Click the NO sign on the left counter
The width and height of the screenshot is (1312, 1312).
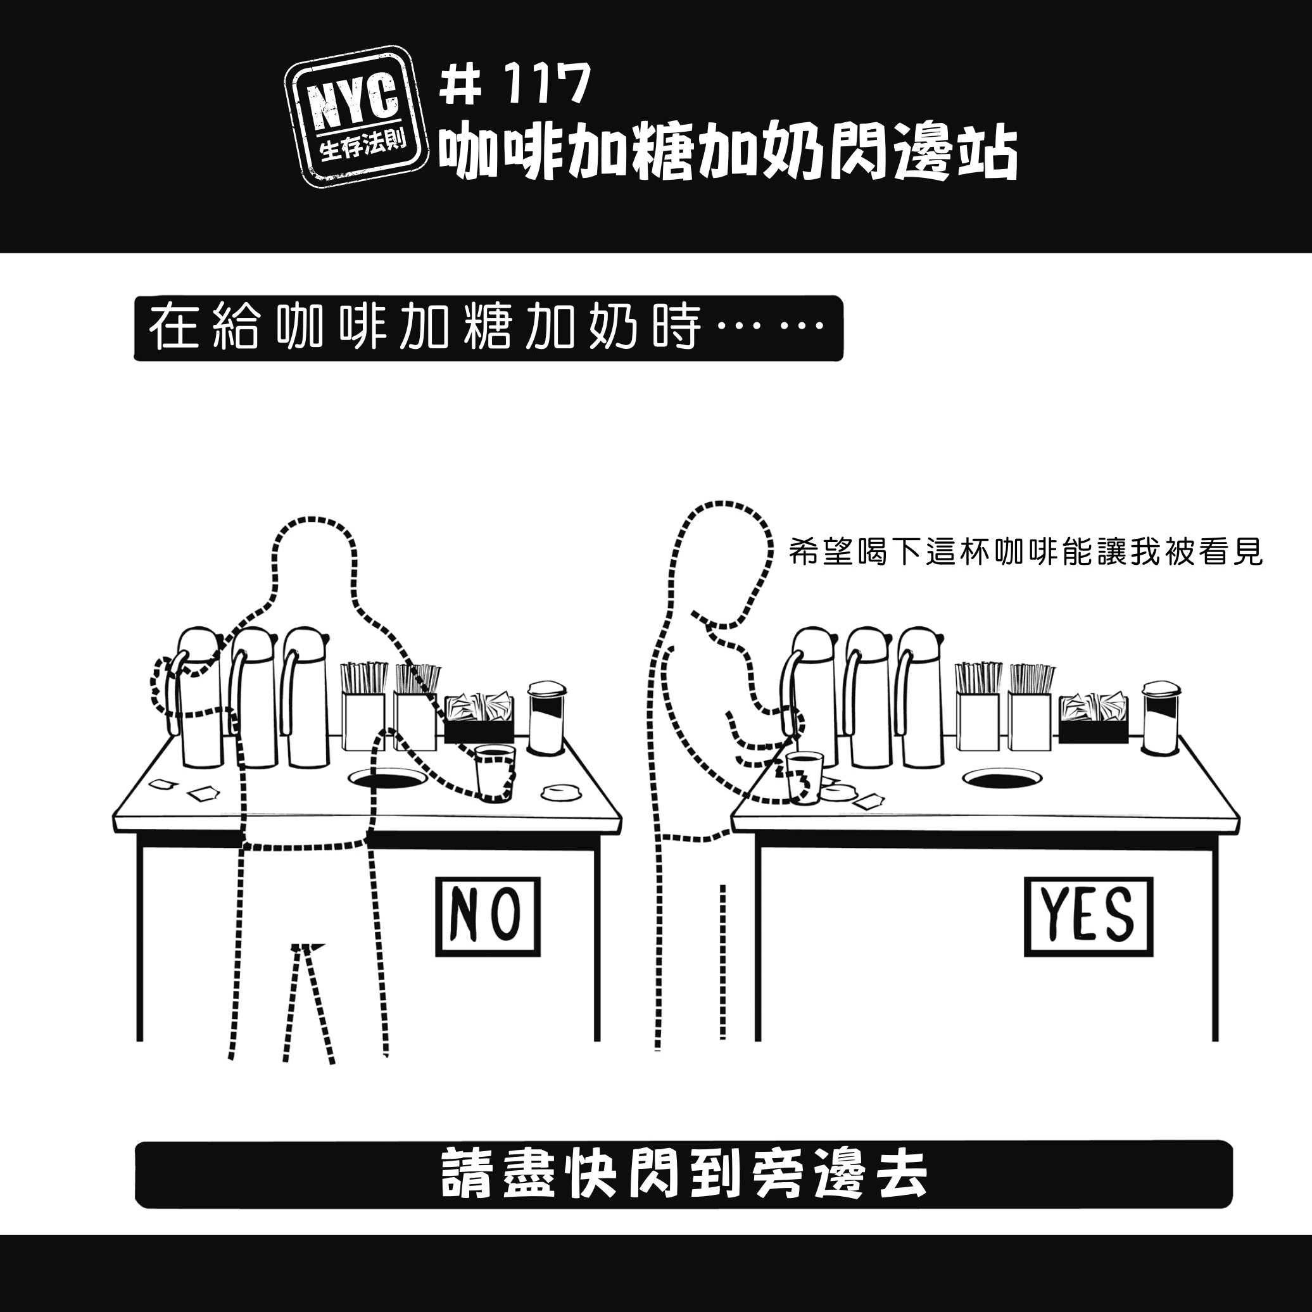(488, 917)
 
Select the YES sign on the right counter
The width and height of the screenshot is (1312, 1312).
(1088, 917)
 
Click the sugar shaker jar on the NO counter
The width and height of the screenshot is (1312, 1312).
(547, 718)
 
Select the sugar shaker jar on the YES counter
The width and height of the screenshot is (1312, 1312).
(1162, 718)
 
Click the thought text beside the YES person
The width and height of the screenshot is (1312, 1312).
(1026, 553)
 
